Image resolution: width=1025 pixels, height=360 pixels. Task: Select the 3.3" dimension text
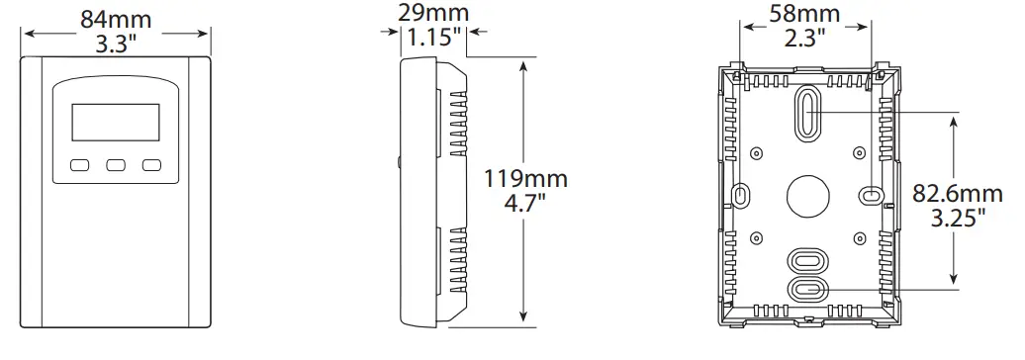(117, 45)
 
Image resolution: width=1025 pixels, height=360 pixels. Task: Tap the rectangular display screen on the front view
(116, 125)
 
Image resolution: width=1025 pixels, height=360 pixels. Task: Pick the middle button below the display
(116, 166)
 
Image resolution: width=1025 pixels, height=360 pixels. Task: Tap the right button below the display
(150, 166)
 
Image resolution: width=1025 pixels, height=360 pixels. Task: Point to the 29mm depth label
(436, 13)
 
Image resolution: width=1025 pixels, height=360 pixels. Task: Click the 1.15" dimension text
(435, 39)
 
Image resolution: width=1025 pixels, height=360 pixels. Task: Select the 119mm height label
(525, 179)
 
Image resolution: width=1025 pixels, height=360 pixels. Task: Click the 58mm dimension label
(805, 14)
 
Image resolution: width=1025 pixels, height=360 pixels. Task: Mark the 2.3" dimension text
(804, 40)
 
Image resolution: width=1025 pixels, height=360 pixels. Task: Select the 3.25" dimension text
(959, 219)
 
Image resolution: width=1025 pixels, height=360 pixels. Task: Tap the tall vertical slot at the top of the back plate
(807, 112)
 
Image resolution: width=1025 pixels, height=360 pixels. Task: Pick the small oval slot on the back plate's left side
(741, 195)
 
